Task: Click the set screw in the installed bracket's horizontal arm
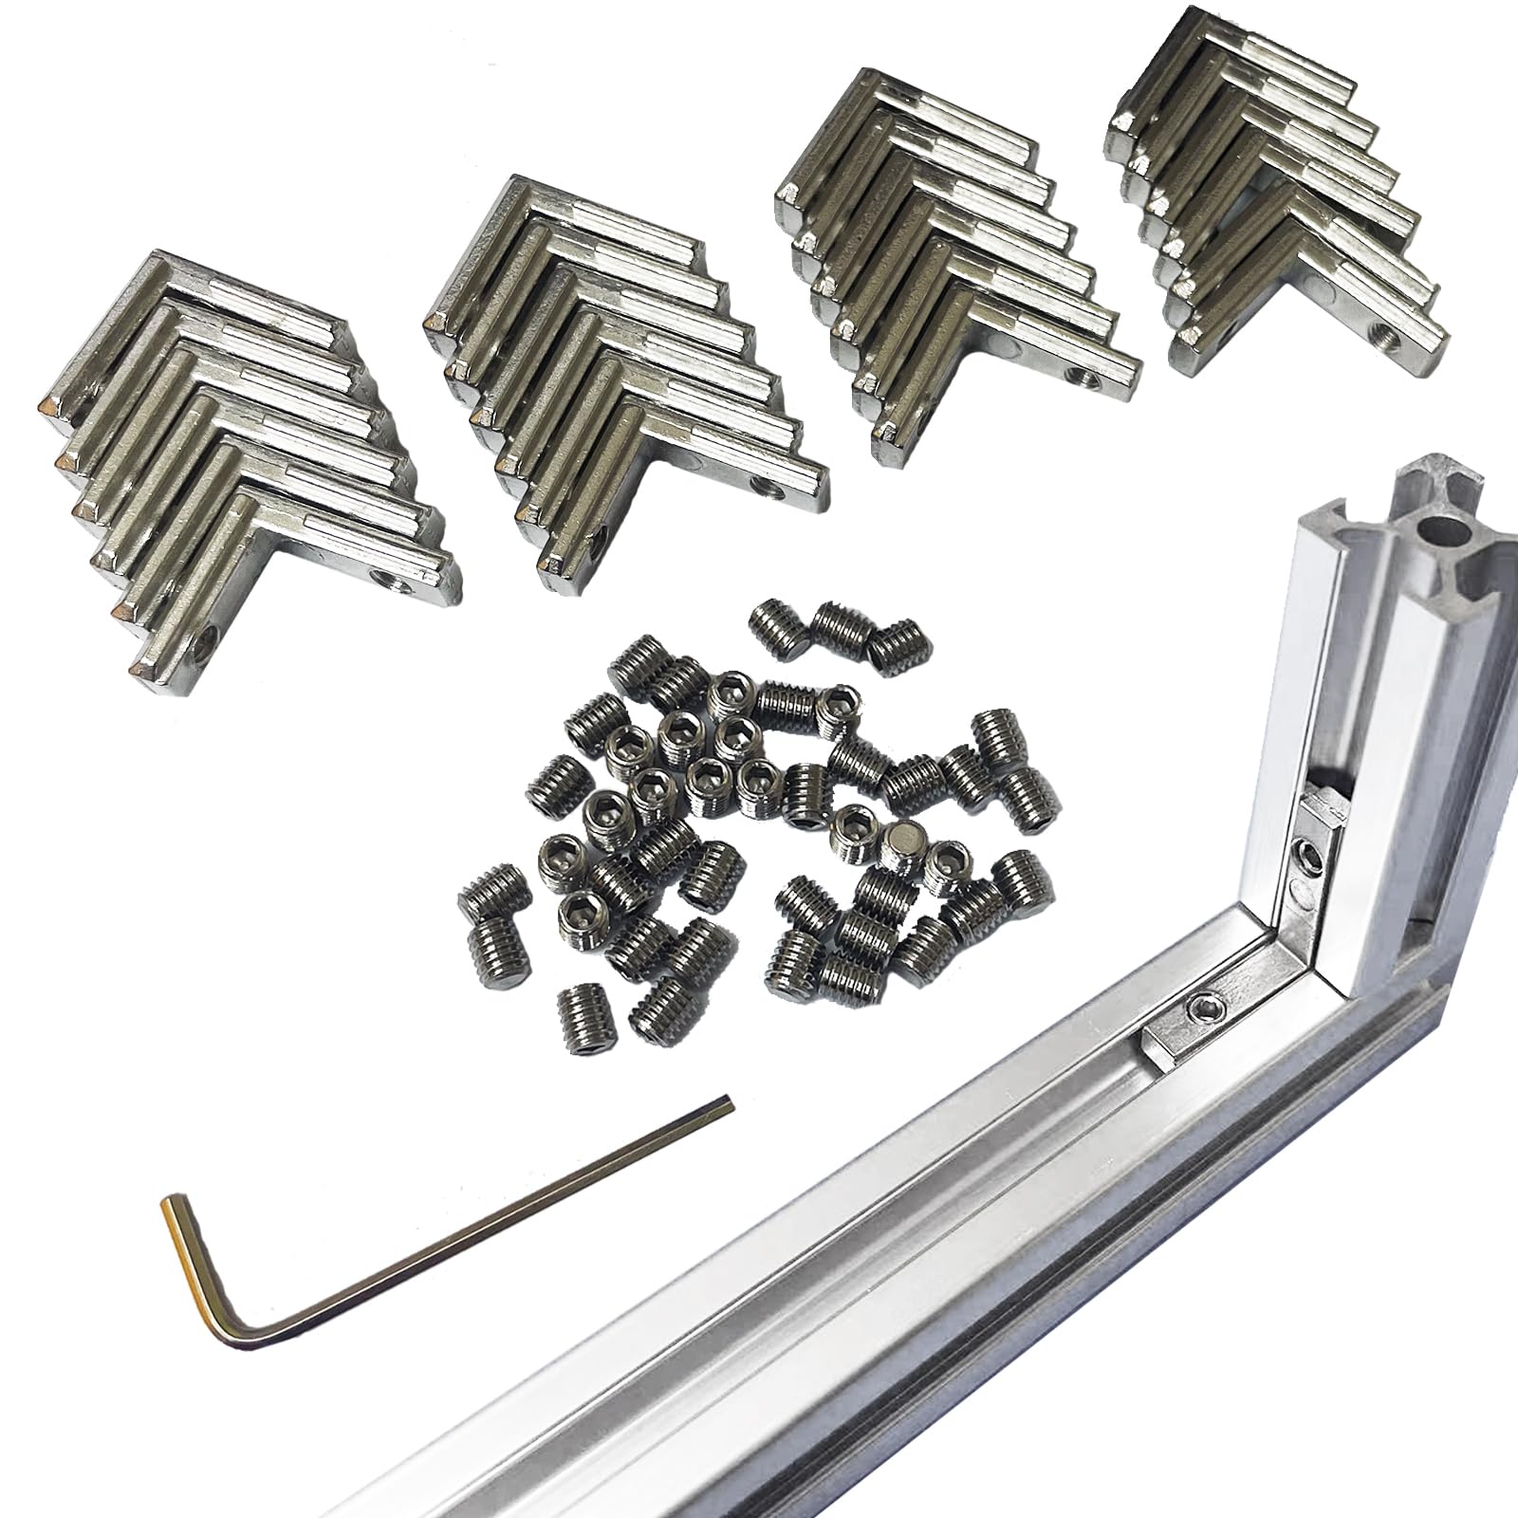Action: pyautogui.click(x=1205, y=1005)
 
